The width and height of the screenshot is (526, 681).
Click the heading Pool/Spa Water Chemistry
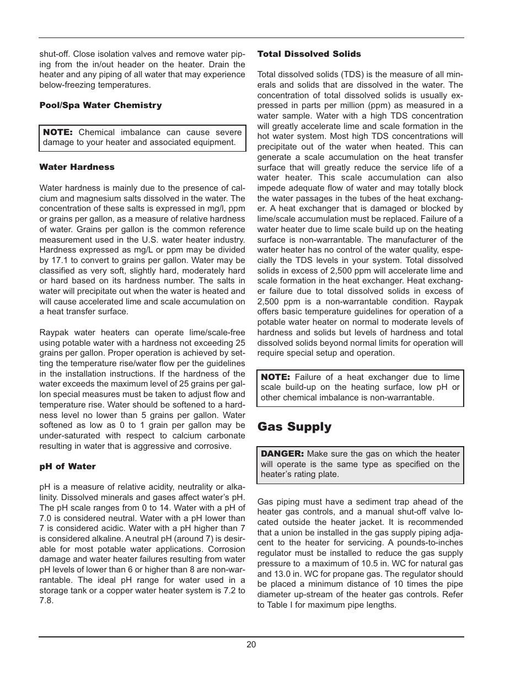click(x=100, y=105)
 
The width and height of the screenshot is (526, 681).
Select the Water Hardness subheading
click(x=77, y=167)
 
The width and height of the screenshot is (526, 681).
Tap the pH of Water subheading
click(x=67, y=466)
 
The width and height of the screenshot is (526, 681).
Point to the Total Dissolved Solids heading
click(x=309, y=54)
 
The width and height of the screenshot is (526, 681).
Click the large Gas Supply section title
click(x=294, y=427)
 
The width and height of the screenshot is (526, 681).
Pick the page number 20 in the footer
click(x=251, y=645)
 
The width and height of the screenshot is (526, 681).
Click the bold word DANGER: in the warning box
click(x=282, y=454)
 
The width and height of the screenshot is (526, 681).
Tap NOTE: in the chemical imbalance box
click(x=58, y=132)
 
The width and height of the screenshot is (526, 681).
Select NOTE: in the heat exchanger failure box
click(x=275, y=377)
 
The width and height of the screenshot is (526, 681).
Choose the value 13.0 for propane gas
click(x=285, y=574)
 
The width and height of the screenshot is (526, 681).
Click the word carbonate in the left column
click(x=227, y=436)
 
